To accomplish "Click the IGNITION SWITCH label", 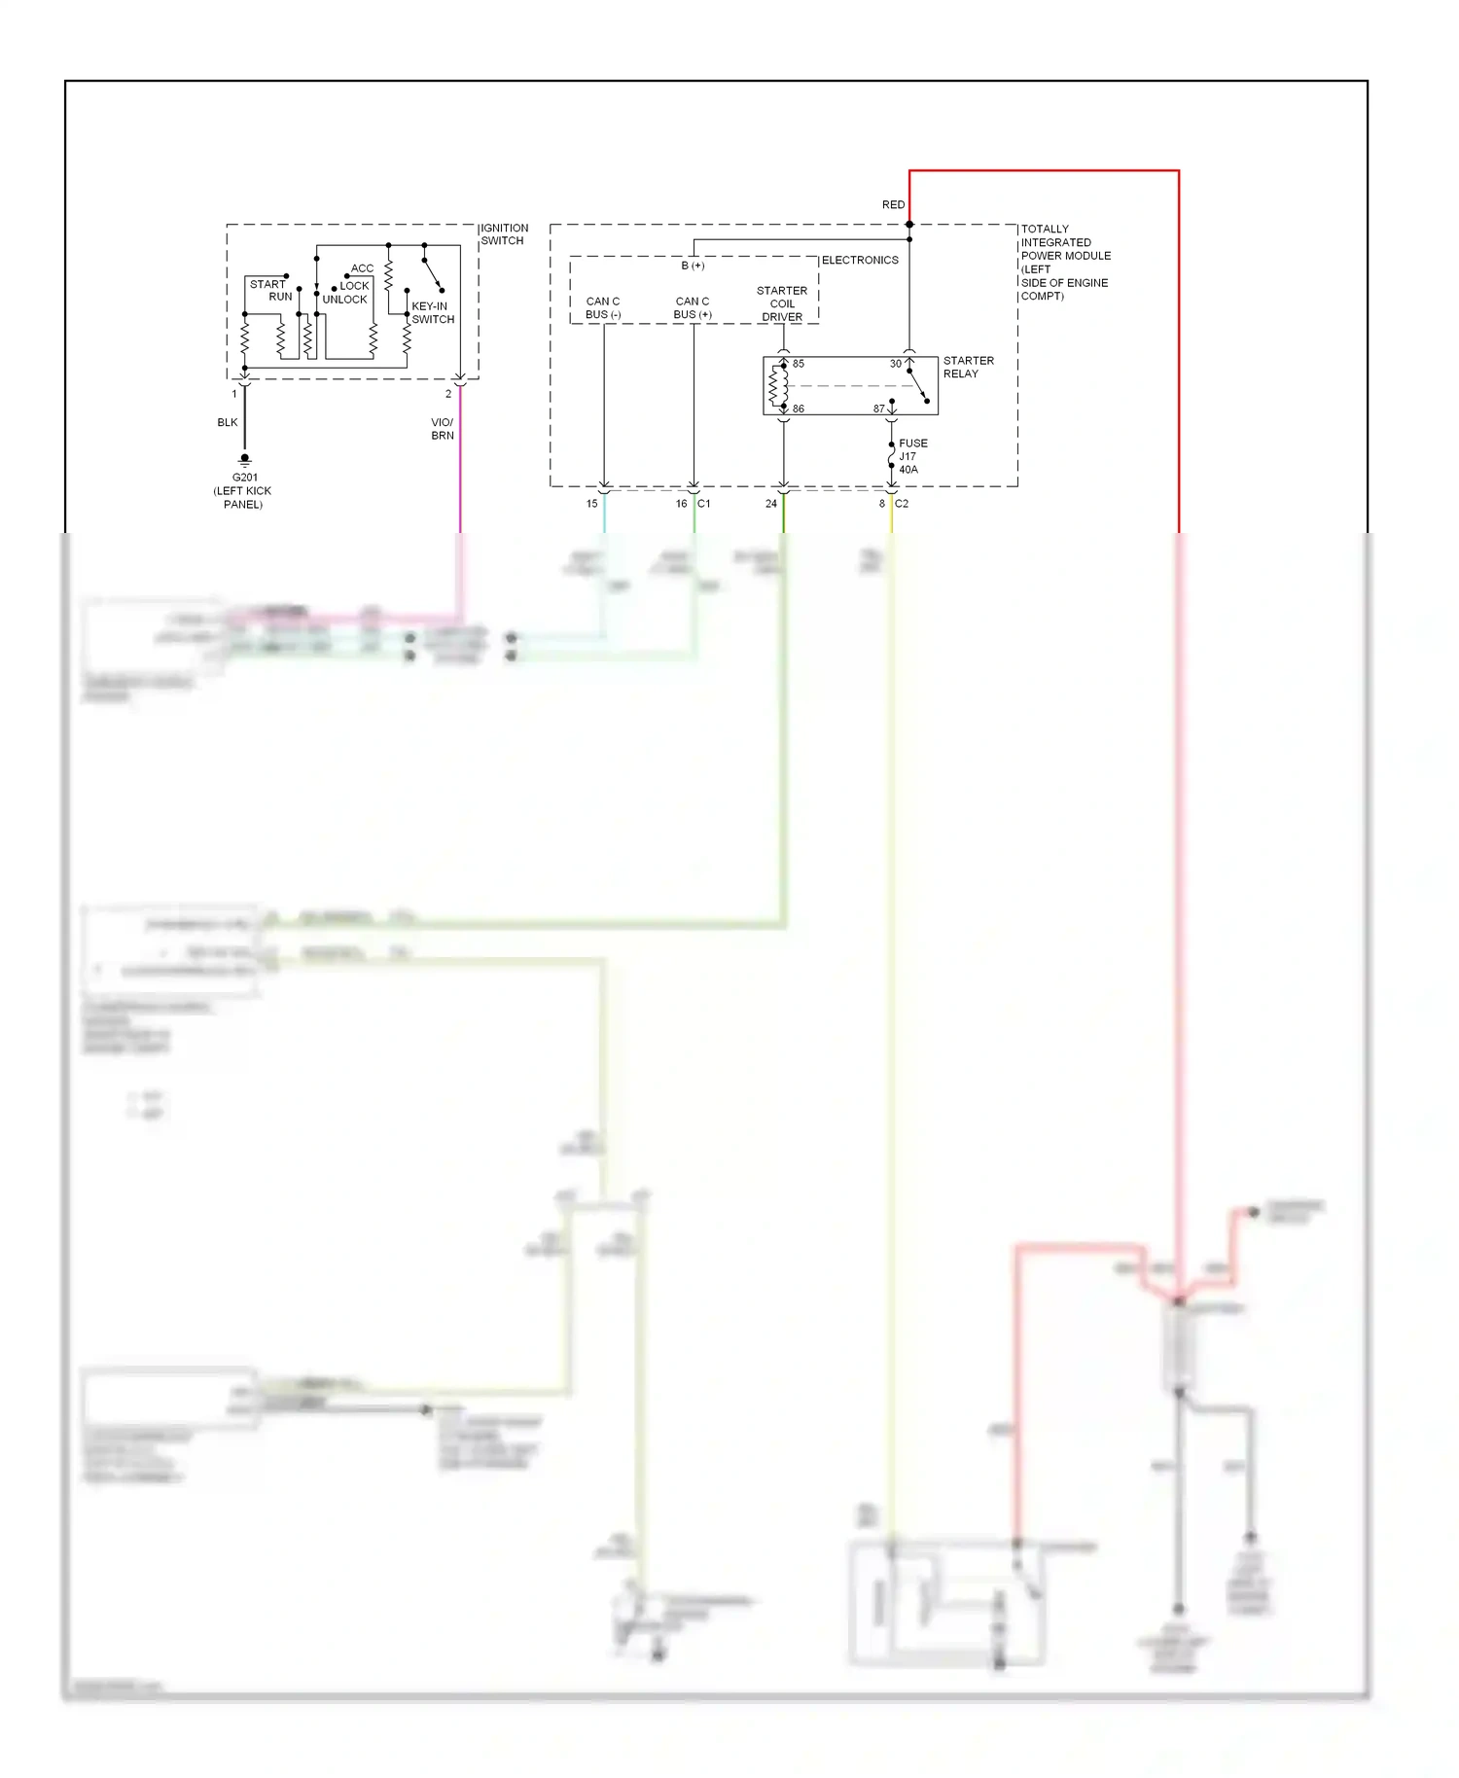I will tap(504, 234).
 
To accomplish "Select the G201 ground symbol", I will tap(245, 459).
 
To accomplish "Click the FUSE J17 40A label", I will tap(911, 456).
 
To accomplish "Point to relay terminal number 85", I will tap(799, 364).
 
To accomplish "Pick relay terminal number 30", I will tap(895, 364).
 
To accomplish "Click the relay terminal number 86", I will tap(799, 409).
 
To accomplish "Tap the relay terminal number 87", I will tap(878, 409).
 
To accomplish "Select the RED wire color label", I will tap(893, 205).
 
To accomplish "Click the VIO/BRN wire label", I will tap(443, 429).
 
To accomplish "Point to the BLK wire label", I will tap(228, 422).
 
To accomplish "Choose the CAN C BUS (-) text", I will tap(603, 308).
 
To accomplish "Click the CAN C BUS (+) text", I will tap(693, 308).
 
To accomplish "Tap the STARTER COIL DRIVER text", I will tap(782, 303).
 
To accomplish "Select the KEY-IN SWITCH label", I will tap(432, 312).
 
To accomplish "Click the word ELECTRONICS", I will tap(860, 261).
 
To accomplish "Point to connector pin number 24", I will tap(771, 504).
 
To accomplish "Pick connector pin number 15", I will tap(591, 504).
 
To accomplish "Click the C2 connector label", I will tap(902, 504).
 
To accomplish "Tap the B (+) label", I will tap(693, 266).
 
